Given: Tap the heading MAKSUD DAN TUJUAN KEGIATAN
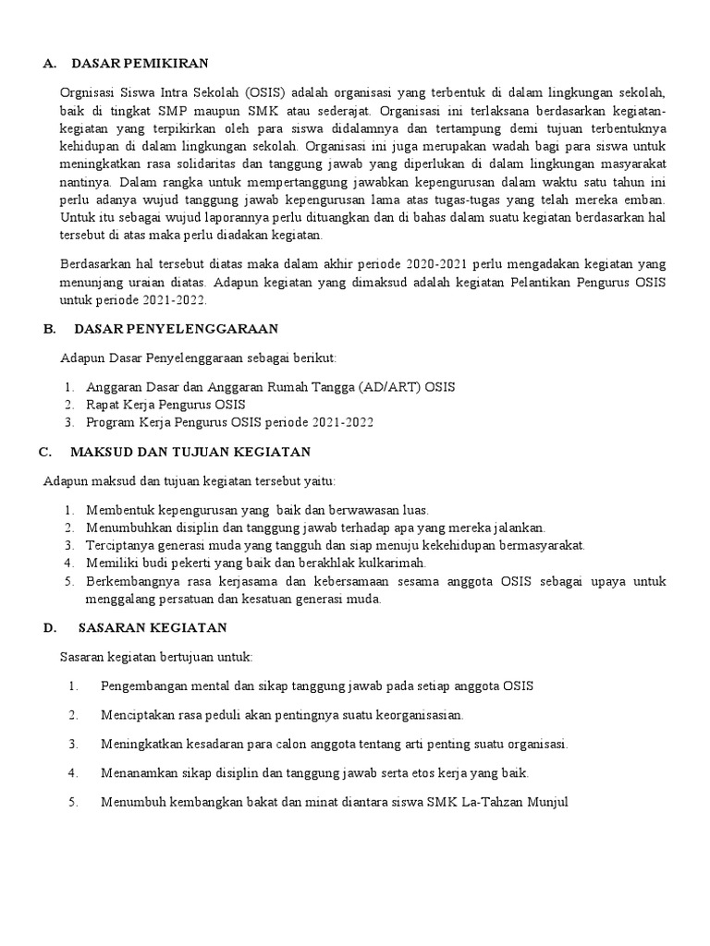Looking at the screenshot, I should [190, 452].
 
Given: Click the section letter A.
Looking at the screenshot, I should [48, 63].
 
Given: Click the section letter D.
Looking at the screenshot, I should [48, 627].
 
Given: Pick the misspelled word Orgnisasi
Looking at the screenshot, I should [90, 93].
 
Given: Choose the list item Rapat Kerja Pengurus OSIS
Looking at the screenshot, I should [165, 405].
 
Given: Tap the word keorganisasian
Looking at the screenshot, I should [408, 715].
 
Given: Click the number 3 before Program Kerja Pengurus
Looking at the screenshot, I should [68, 422].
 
